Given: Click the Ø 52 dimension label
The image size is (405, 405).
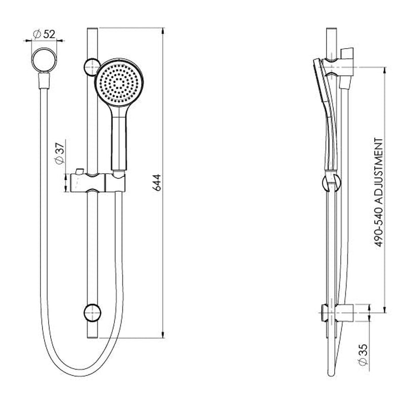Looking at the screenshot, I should point(44,34).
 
